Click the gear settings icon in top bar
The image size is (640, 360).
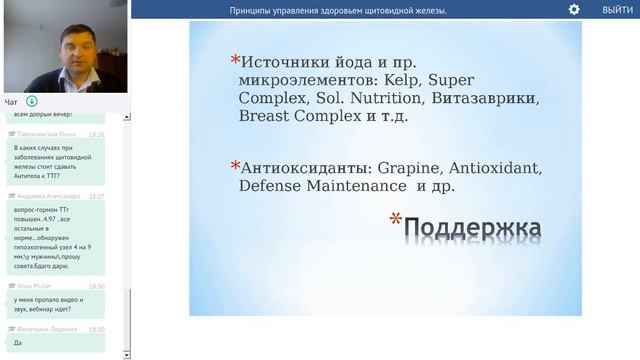point(574,9)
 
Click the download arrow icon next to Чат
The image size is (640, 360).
point(32,101)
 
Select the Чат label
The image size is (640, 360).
point(11,102)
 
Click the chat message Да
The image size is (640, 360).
point(17,342)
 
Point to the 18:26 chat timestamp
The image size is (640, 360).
point(96,133)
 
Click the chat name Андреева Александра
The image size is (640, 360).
point(48,196)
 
